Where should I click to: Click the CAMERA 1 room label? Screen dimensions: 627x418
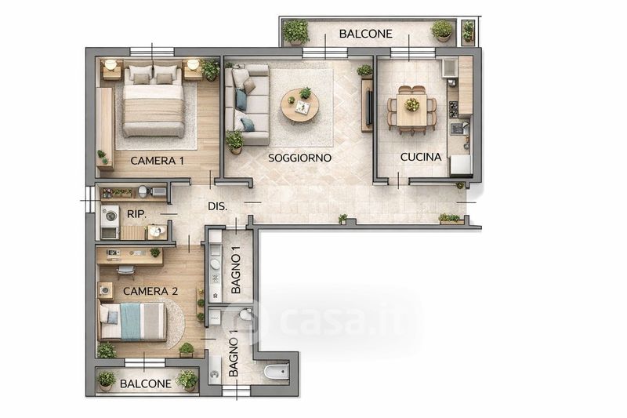click(x=158, y=161)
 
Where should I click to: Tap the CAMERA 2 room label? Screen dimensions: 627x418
click(x=150, y=291)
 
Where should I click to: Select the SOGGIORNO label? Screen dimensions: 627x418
click(x=299, y=158)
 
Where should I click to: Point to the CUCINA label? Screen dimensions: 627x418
click(x=421, y=157)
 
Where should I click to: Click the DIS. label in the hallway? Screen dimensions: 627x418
click(x=218, y=207)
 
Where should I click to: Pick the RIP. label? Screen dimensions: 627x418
click(x=136, y=214)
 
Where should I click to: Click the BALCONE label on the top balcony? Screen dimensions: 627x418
click(x=365, y=34)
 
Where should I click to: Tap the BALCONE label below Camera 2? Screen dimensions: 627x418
click(x=146, y=384)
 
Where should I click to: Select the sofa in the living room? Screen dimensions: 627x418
click(x=247, y=105)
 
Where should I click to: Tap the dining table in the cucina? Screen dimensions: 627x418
click(x=411, y=109)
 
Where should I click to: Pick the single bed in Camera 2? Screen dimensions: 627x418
click(x=132, y=322)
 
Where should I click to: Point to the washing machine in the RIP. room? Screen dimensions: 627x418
click(x=110, y=216)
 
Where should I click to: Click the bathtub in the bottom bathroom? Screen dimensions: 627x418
click(x=277, y=372)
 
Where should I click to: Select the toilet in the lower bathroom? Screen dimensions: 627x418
click(x=245, y=315)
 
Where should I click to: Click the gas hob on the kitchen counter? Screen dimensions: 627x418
click(x=453, y=109)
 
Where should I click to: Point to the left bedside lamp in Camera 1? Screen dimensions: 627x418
click(x=111, y=64)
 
